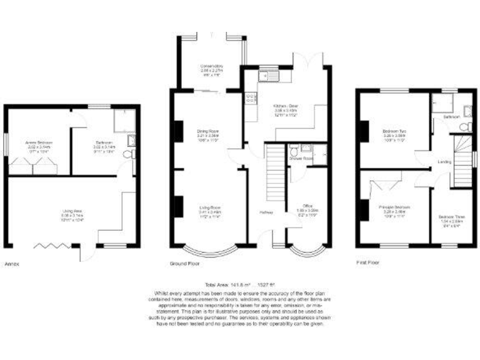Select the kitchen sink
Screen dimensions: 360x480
pyautogui.click(x=272, y=77)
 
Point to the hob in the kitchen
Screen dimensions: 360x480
pyautogui.click(x=250, y=97)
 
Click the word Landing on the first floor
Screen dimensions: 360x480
pyautogui.click(x=445, y=162)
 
